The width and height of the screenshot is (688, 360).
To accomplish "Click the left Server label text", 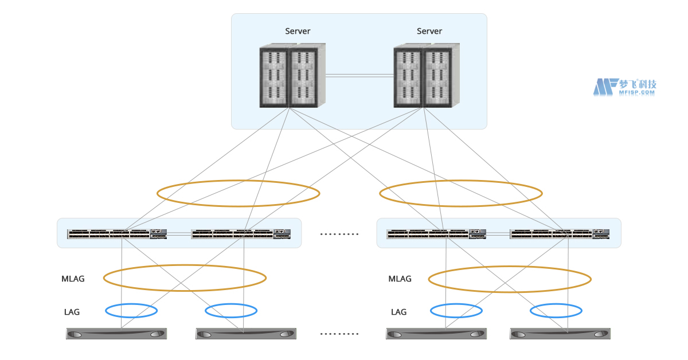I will tap(298, 31).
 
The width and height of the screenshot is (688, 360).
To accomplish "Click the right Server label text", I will tap(429, 31).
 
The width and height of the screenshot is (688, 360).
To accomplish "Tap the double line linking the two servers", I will tap(359, 75).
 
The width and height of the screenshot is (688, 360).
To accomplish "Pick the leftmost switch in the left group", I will tap(117, 234).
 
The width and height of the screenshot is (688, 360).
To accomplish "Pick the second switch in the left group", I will tap(241, 234).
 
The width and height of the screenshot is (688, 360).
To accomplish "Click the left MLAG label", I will tap(73, 279).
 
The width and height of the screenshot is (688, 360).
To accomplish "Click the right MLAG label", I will tap(400, 279).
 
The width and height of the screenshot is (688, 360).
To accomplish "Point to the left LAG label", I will tap(72, 312).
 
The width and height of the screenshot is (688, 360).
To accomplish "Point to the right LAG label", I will tap(398, 312).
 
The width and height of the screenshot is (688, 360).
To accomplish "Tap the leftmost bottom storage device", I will tap(116, 334).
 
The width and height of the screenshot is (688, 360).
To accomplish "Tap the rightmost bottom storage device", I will tap(560, 334).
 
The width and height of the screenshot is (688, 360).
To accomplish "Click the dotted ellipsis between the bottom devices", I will tap(339, 334).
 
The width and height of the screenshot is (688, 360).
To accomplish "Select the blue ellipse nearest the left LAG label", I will tap(131, 311).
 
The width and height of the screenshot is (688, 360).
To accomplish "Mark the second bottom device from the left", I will tap(246, 334).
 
